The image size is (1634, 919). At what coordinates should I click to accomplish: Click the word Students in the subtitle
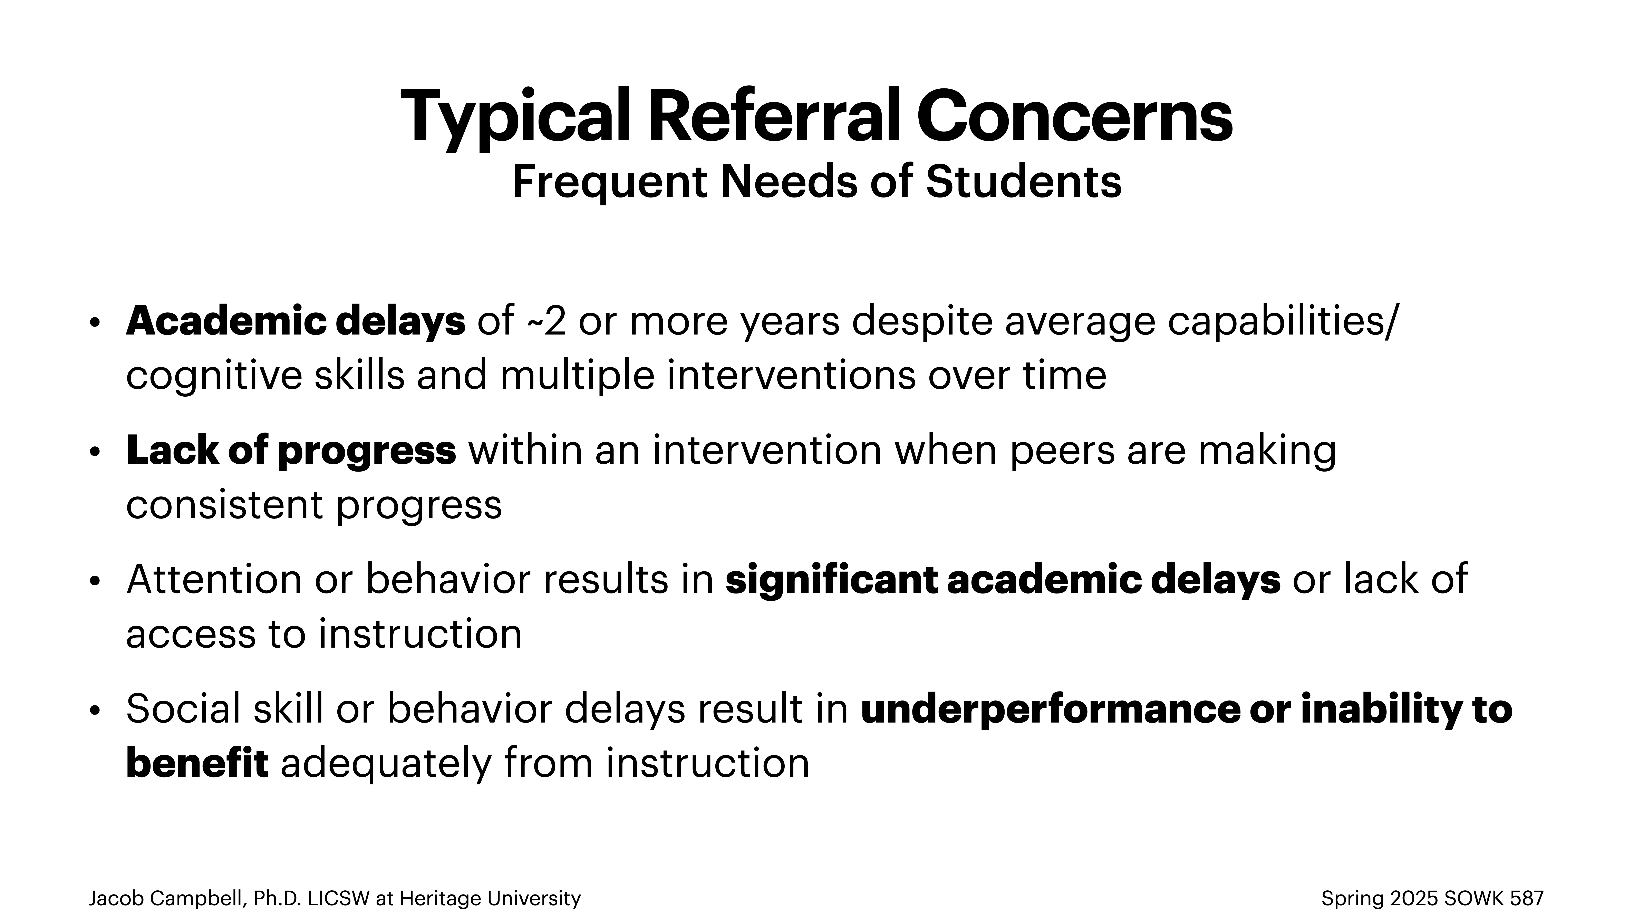(1023, 182)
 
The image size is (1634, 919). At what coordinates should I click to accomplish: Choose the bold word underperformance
(1050, 709)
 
